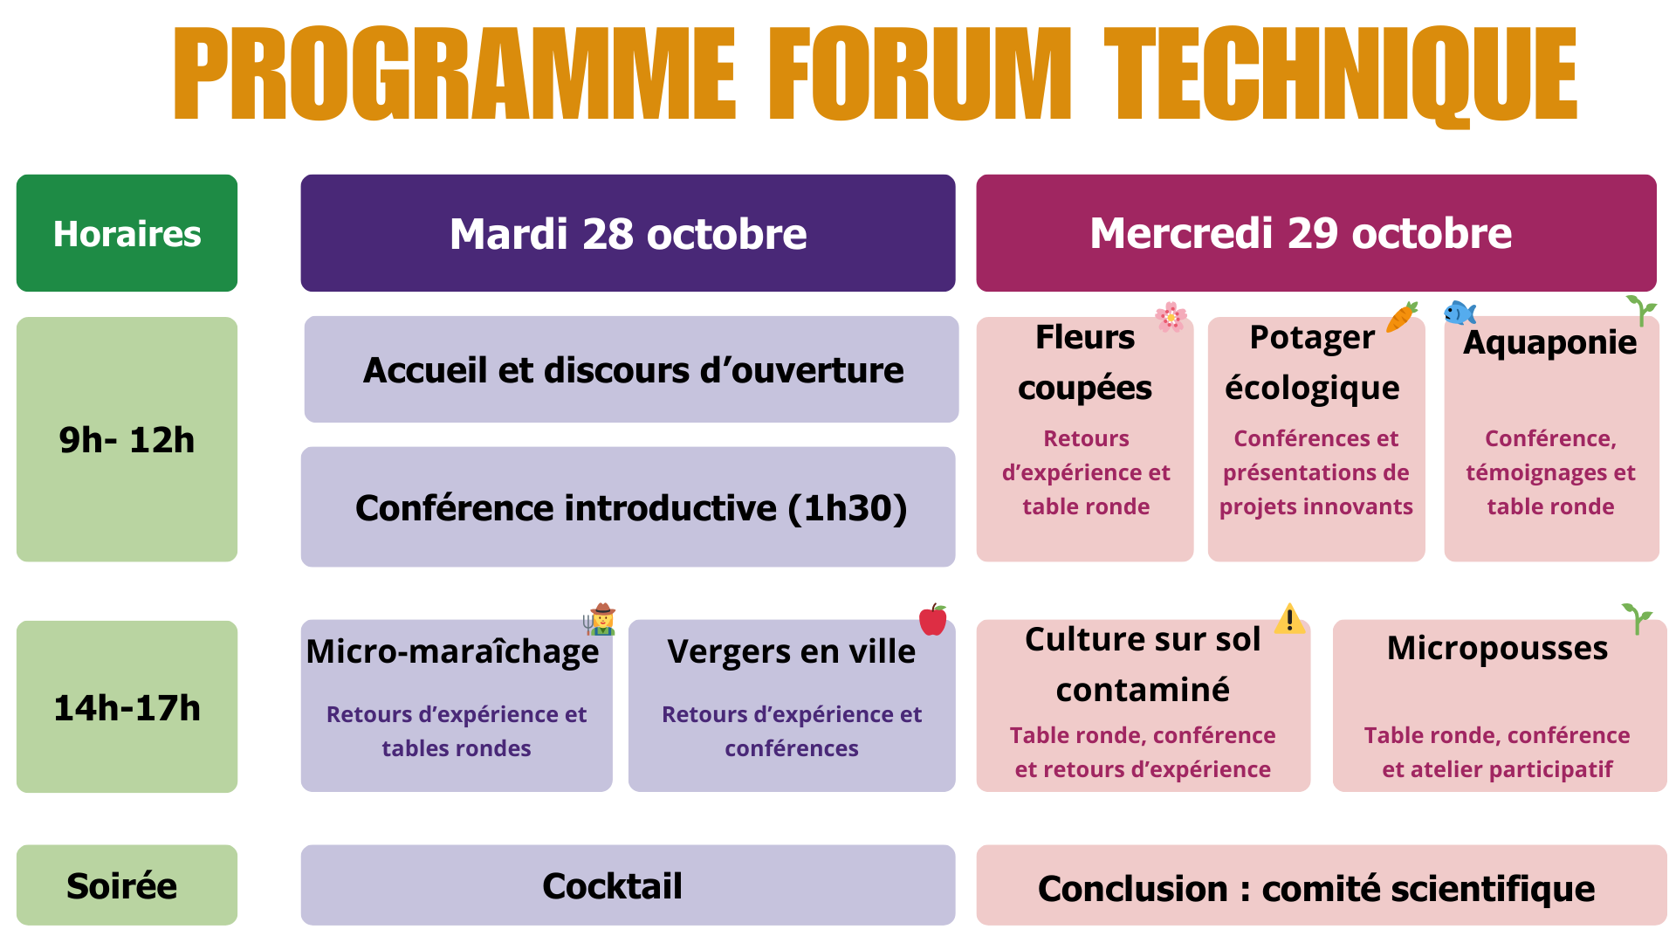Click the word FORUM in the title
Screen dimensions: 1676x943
tap(920, 73)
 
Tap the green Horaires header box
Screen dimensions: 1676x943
tap(127, 233)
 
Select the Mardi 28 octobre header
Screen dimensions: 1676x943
tap(628, 233)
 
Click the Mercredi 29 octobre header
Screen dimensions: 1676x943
tap(1316, 233)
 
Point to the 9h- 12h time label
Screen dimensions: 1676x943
tap(127, 440)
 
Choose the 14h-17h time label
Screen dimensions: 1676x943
tap(127, 708)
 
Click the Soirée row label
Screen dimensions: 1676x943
tap(122, 886)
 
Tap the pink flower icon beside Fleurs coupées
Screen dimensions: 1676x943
tap(1171, 317)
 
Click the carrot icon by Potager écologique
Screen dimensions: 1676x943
tap(1402, 316)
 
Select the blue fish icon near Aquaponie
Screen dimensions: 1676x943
tap(1460, 313)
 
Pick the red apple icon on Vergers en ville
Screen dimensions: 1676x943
tap(933, 619)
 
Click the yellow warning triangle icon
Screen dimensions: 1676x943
tap(1289, 619)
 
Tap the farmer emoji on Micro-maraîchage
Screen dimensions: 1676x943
tap(600, 619)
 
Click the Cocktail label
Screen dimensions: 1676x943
tap(612, 886)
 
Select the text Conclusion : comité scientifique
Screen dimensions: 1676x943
tap(1316, 889)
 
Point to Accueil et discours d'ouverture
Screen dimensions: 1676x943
tap(633, 370)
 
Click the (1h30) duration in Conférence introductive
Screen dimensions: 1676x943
tap(848, 508)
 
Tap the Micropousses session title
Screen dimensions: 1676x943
tap(1497, 648)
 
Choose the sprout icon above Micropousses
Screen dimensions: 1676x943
tap(1638, 618)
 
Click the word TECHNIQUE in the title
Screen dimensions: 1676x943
tap(1341, 76)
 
